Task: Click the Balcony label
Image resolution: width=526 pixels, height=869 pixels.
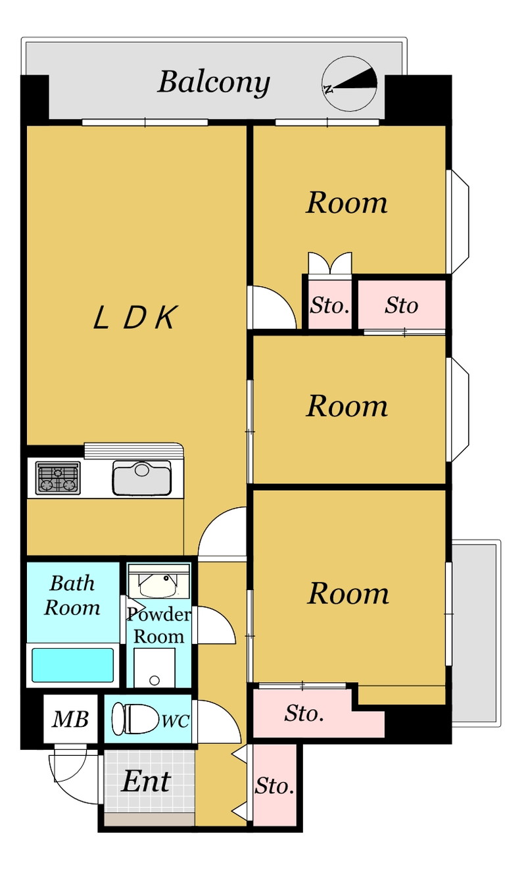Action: (x=214, y=83)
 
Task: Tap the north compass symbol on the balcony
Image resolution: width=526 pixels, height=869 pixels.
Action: (x=349, y=84)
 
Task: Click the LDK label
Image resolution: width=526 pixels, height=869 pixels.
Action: (x=135, y=318)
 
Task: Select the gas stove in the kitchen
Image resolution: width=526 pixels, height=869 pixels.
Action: (x=58, y=478)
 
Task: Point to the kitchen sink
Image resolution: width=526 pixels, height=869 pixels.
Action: (x=142, y=478)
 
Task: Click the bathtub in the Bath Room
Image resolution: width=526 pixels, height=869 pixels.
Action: (x=73, y=665)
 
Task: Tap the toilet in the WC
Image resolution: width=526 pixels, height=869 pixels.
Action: (x=135, y=718)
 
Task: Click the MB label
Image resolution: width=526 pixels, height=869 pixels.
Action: (x=70, y=719)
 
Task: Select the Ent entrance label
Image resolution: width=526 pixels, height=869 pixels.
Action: (x=146, y=781)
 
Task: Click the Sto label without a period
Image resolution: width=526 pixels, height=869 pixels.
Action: (x=401, y=305)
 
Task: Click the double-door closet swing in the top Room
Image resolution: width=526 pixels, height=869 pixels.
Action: (x=330, y=264)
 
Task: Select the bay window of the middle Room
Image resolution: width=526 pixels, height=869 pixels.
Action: (x=458, y=410)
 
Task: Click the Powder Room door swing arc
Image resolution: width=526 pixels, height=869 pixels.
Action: (x=215, y=626)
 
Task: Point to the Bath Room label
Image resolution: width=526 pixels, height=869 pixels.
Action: (x=72, y=595)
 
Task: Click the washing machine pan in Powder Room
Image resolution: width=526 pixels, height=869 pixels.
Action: (x=155, y=668)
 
